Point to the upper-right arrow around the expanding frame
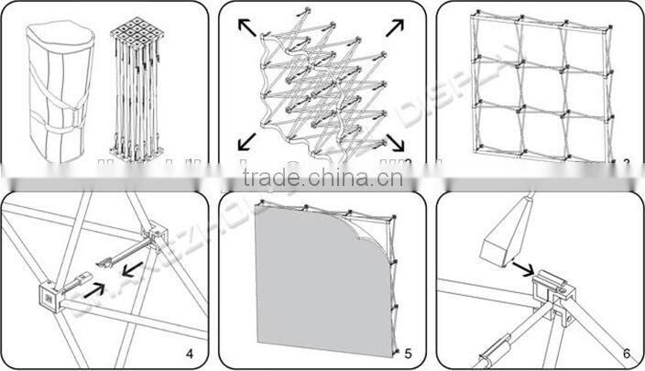pos(394,27)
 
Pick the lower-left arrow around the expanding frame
pos(246,140)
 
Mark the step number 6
pos(626,353)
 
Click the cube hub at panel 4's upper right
pos(153,239)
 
